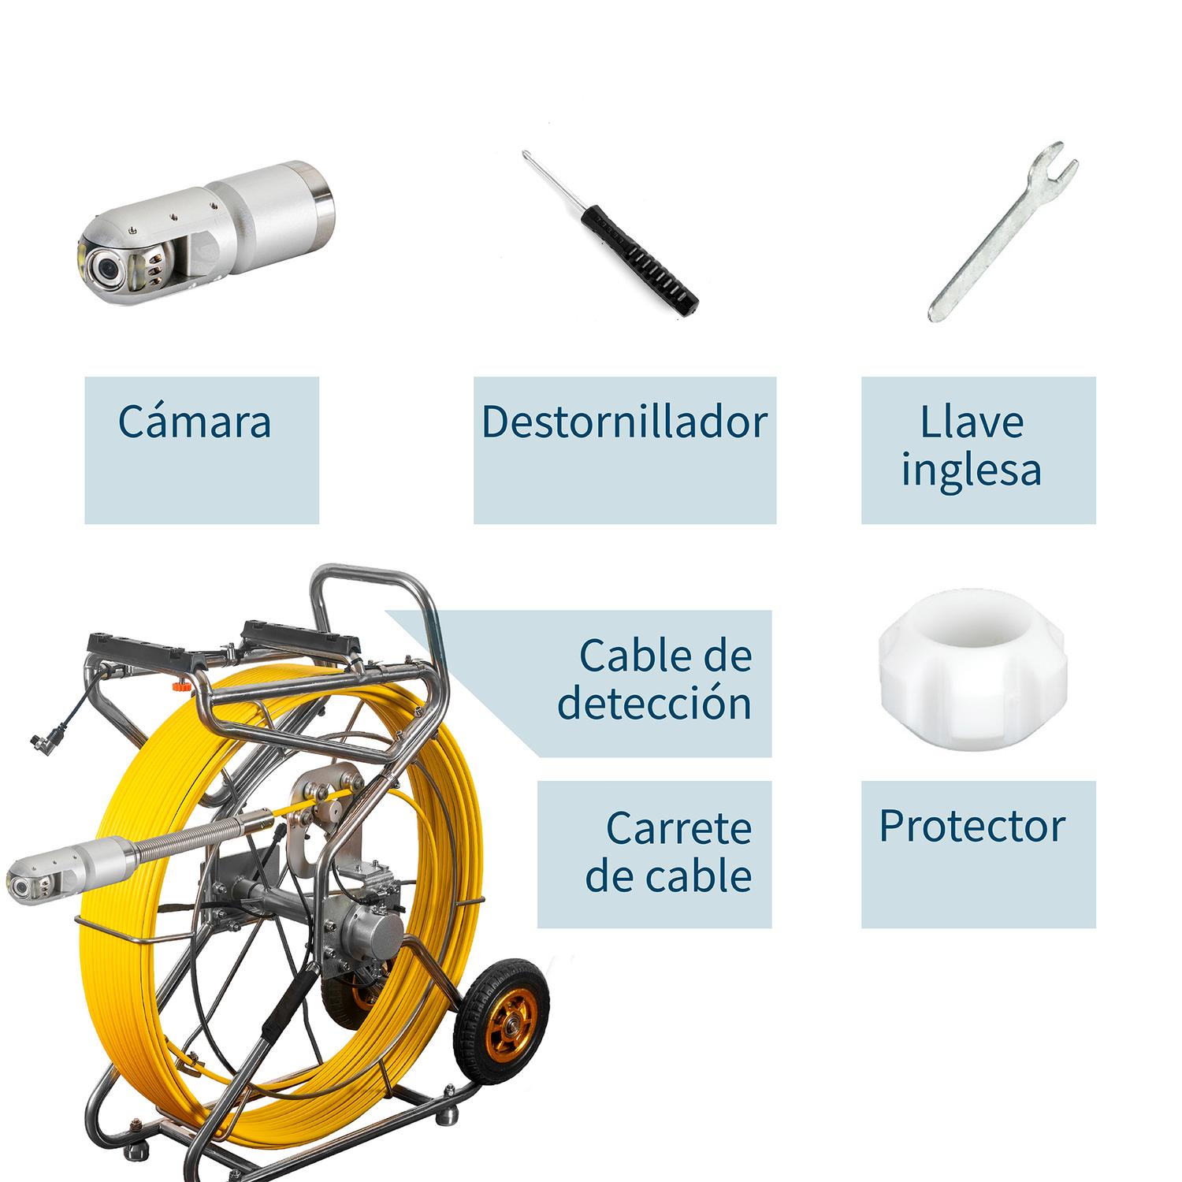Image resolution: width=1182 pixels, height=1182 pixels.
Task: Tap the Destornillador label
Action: pyautogui.click(x=624, y=422)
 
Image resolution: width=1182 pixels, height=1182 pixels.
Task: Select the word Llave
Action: pyautogui.click(x=972, y=422)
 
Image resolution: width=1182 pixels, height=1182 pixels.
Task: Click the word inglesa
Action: pyautogui.click(x=972, y=470)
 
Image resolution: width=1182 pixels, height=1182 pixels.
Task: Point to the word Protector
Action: pyautogui.click(x=972, y=826)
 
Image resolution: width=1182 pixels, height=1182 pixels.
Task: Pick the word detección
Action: pyautogui.click(x=654, y=702)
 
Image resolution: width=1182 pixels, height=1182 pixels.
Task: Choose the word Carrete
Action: pyautogui.click(x=678, y=827)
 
